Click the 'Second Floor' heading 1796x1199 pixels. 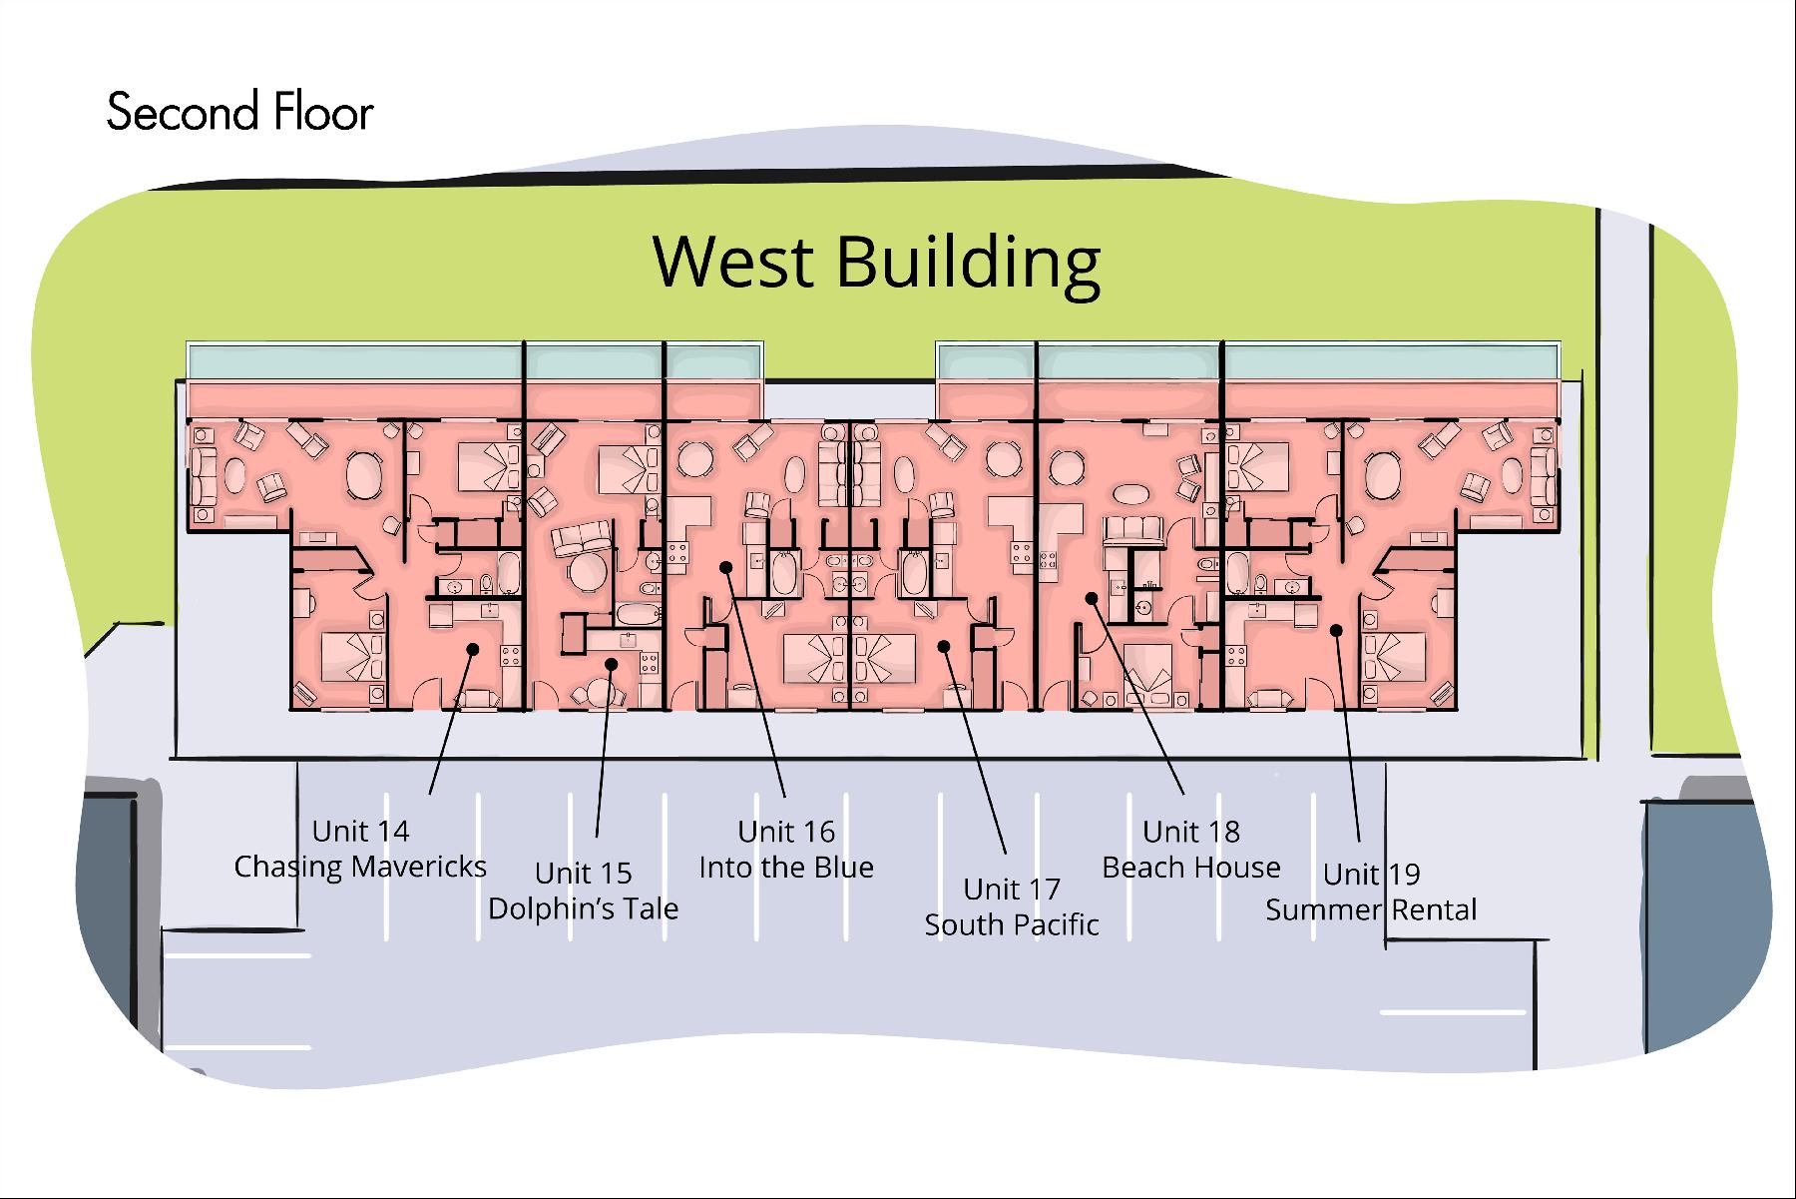[x=239, y=112]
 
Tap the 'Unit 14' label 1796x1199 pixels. [x=360, y=831]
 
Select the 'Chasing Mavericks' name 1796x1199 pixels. [x=360, y=867]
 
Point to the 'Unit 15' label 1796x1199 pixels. [x=584, y=874]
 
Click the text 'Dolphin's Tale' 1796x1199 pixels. [x=584, y=908]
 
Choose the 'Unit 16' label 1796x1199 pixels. [x=786, y=832]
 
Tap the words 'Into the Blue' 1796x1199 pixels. [x=786, y=868]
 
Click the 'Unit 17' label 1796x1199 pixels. [x=1012, y=889]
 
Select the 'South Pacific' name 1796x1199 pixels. [x=1012, y=924]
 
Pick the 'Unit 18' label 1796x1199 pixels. [x=1191, y=832]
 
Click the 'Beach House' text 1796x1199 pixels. [x=1191, y=868]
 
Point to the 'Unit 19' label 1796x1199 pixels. [x=1371, y=875]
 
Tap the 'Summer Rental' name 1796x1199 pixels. [x=1371, y=910]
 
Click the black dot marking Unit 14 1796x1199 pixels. [x=473, y=649]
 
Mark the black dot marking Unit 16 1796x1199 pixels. [x=726, y=567]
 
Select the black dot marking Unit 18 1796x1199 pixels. [x=1092, y=598]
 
